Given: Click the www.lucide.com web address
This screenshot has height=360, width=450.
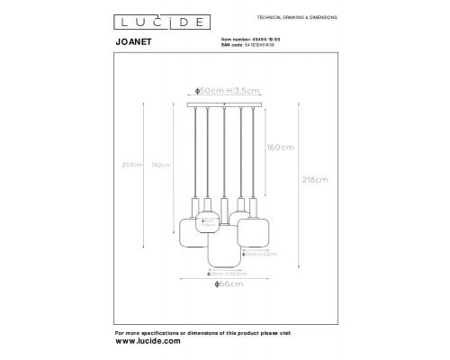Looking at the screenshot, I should [149, 342].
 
